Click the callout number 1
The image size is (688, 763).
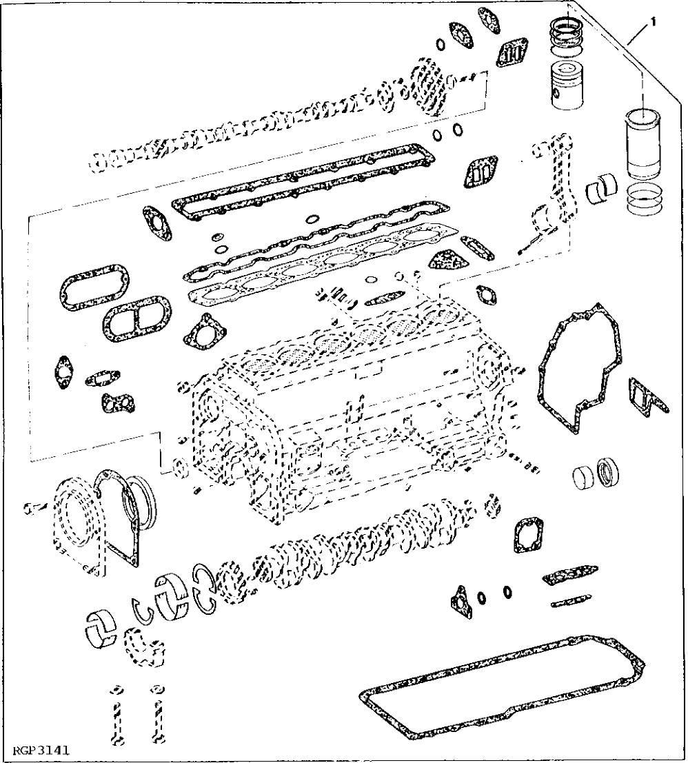652,22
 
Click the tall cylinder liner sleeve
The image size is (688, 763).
643,143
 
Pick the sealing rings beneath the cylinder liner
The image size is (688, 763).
644,199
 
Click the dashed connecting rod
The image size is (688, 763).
552,200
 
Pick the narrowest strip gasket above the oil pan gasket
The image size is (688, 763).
571,601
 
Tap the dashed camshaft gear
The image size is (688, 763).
427,88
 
